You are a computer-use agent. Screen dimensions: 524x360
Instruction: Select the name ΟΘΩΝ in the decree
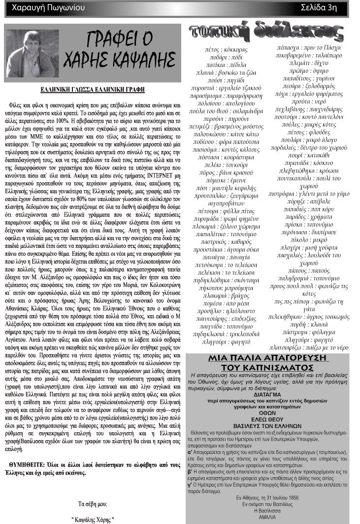coord(275,414)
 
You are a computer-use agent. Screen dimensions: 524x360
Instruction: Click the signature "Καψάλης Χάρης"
coord(93,520)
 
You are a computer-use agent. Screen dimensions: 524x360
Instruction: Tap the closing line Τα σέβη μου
coord(93,504)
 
